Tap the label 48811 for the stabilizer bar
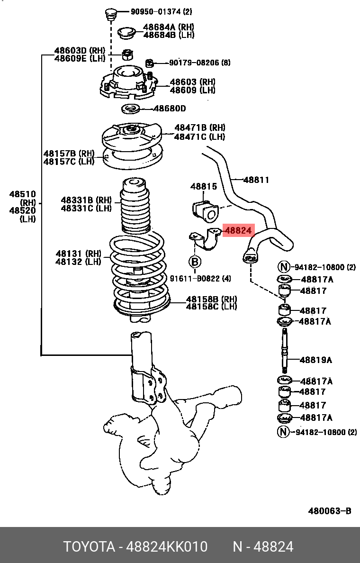(x=256, y=180)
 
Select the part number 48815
(x=204, y=187)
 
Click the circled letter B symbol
(x=195, y=261)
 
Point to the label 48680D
(x=170, y=109)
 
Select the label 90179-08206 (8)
(x=199, y=63)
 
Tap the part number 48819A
(x=315, y=360)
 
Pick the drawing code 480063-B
(x=330, y=511)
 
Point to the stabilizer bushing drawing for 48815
(x=204, y=210)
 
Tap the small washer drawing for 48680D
(x=130, y=109)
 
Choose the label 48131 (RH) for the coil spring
(x=79, y=254)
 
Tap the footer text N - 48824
(x=262, y=547)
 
